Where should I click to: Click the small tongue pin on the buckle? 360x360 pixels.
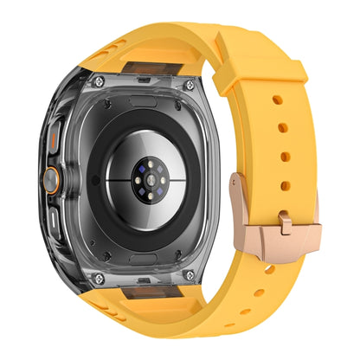(x=285, y=224)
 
